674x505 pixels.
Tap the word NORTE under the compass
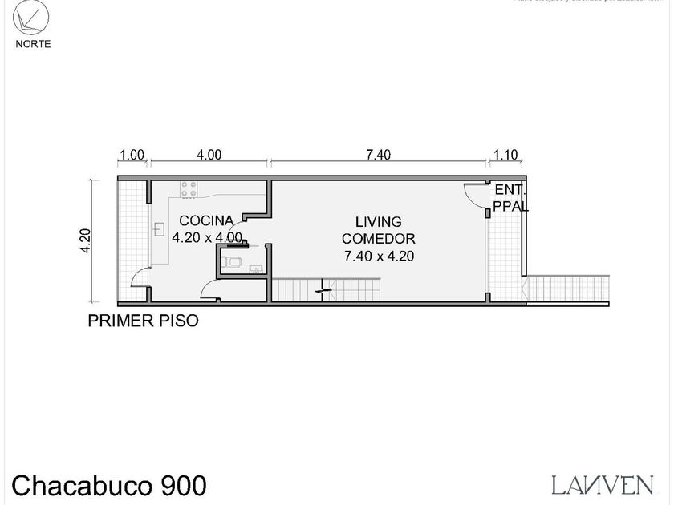[x=33, y=44]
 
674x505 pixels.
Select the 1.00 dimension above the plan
[x=132, y=156]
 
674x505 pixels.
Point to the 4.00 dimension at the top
[x=209, y=156]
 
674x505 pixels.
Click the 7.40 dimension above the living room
[x=378, y=156]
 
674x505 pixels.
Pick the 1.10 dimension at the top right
[x=505, y=156]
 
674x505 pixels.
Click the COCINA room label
[x=206, y=220]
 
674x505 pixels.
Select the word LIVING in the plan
[x=379, y=221]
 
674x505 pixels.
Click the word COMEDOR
[x=379, y=239]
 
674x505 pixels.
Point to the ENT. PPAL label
[x=510, y=198]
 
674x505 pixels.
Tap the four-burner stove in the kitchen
[x=189, y=190]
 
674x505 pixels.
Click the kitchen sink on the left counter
[x=159, y=229]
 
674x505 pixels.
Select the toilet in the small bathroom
[x=233, y=263]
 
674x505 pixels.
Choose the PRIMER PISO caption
[x=143, y=321]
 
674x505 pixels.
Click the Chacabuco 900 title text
[x=110, y=484]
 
